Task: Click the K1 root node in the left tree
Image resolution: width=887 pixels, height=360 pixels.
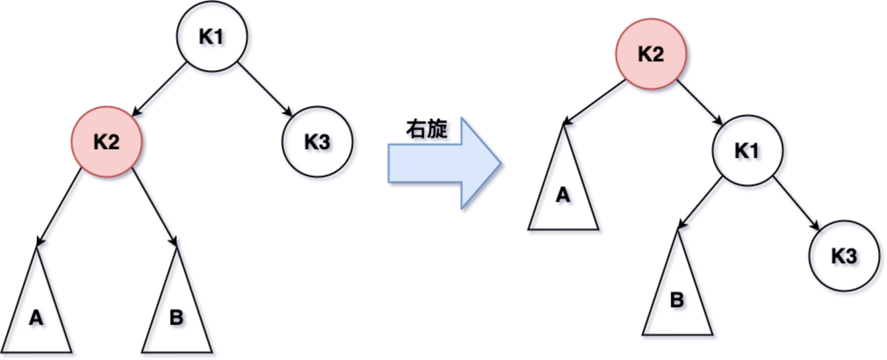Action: [x=212, y=36]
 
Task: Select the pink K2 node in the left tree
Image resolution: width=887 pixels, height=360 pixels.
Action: [x=107, y=142]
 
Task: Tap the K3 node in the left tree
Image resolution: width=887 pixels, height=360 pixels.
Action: [x=317, y=142]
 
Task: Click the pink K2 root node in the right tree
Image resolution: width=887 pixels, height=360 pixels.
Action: [x=651, y=54]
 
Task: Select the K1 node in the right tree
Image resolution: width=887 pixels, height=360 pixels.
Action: [x=747, y=151]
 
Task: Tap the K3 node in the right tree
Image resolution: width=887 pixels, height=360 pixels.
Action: [x=844, y=256]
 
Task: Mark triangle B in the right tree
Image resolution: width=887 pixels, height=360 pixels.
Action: [x=677, y=299]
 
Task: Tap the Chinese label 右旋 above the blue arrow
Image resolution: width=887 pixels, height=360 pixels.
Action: [x=426, y=129]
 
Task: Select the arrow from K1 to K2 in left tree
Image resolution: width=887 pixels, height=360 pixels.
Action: [x=159, y=89]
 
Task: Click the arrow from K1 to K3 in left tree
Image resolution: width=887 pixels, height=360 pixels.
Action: [x=265, y=89]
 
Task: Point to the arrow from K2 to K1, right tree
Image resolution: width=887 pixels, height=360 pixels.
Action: [x=700, y=102]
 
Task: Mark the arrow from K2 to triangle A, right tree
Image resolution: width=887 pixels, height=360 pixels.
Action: [x=595, y=102]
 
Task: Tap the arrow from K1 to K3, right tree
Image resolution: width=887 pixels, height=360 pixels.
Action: [x=796, y=203]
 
